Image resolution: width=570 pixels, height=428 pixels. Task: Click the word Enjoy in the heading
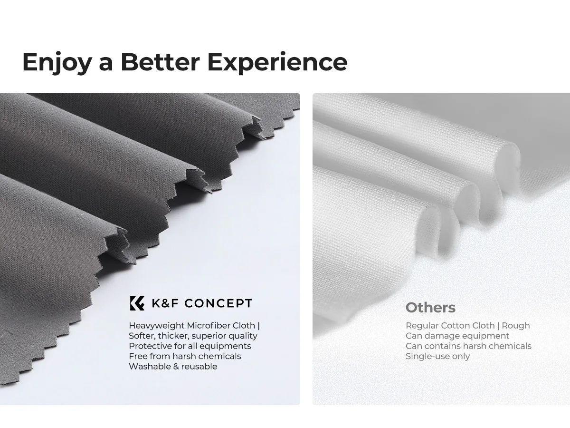[x=57, y=62]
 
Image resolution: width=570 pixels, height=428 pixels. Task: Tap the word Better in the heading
[x=160, y=62]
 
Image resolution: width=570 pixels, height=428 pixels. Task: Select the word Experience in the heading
[x=277, y=62]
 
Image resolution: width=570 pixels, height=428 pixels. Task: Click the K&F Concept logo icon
[x=137, y=303]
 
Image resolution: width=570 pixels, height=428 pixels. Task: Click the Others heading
[x=430, y=308]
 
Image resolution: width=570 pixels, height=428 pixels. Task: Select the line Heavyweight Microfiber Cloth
[x=192, y=326]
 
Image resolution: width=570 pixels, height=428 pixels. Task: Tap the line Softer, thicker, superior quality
[x=193, y=336]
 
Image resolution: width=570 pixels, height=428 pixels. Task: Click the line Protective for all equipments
[x=190, y=346]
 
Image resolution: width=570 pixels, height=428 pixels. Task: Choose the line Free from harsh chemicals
[x=185, y=356]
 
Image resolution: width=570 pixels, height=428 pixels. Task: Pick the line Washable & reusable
[x=173, y=366]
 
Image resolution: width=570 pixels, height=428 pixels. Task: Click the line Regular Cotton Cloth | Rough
[x=468, y=326]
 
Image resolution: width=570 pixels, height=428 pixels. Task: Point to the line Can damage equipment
[x=457, y=336]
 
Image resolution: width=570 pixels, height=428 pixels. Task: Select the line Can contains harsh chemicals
[x=468, y=346]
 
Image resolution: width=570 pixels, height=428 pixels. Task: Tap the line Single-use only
[x=438, y=356]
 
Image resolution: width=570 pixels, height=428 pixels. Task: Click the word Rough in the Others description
[x=516, y=326]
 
